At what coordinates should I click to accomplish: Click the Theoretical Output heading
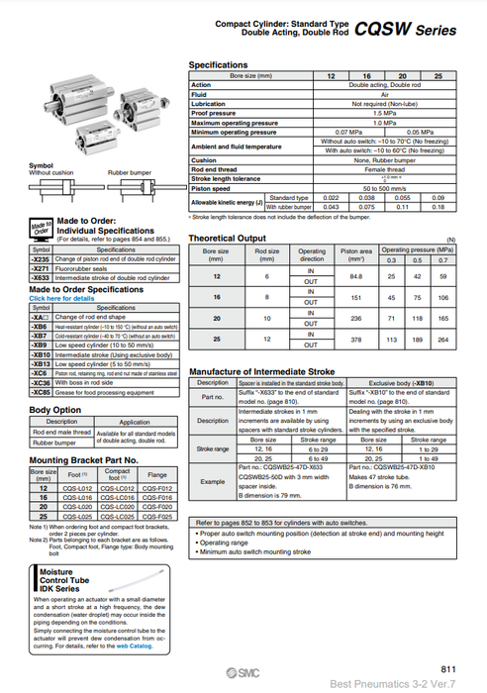pyautogui.click(x=226, y=239)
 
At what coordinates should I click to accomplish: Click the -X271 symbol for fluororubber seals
pyautogui.click(x=43, y=267)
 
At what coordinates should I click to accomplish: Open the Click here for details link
pyautogui.click(x=62, y=297)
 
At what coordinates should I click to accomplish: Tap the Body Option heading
pyautogui.click(x=55, y=409)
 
